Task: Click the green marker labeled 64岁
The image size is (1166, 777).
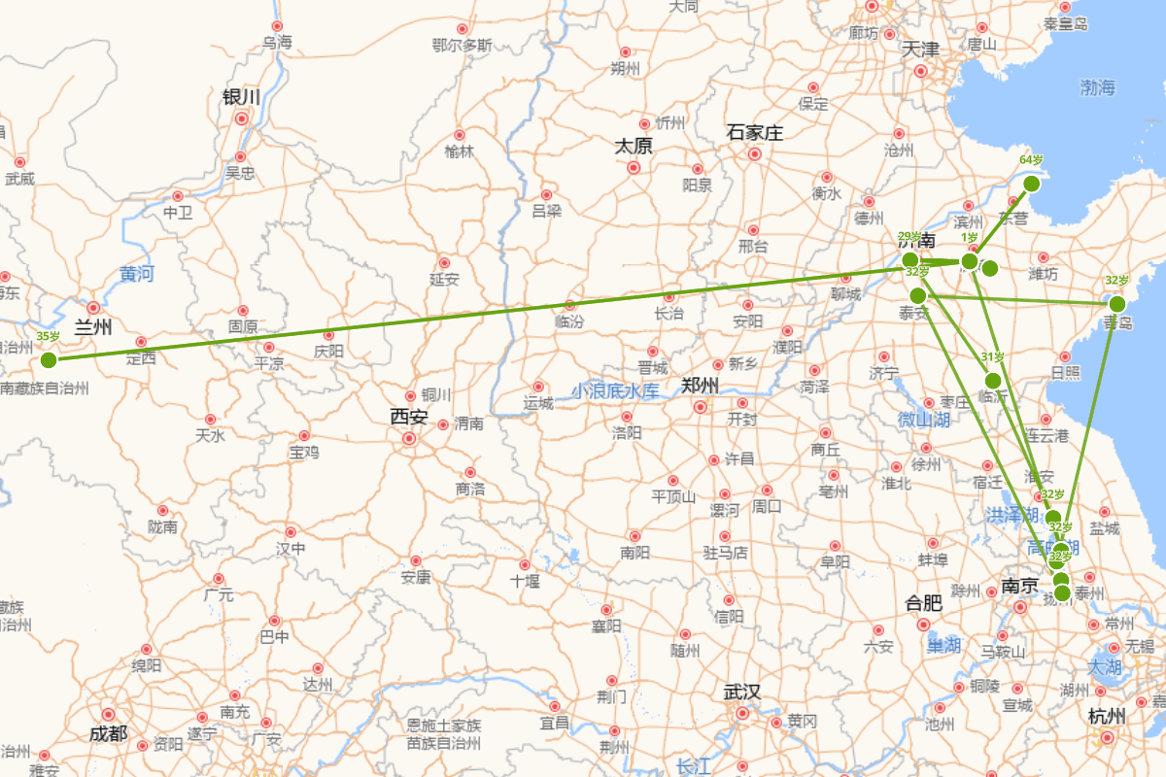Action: pyautogui.click(x=1032, y=184)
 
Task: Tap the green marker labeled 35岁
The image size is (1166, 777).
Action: pyautogui.click(x=49, y=360)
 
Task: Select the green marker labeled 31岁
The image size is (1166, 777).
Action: pyautogui.click(x=993, y=381)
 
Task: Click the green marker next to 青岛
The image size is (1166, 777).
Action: pyautogui.click(x=1117, y=304)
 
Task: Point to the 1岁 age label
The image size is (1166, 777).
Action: pyautogui.click(x=970, y=237)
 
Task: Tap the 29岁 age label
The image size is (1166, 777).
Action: pyautogui.click(x=909, y=237)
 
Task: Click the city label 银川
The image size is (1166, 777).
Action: pyautogui.click(x=242, y=97)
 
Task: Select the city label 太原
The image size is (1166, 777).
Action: pyautogui.click(x=633, y=146)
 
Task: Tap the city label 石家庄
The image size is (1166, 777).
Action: pyautogui.click(x=754, y=133)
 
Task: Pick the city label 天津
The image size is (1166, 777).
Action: pyautogui.click(x=920, y=49)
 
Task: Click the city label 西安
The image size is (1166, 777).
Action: pyautogui.click(x=409, y=417)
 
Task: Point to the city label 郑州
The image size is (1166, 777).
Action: pyautogui.click(x=700, y=385)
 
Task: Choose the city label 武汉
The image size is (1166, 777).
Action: pyautogui.click(x=741, y=692)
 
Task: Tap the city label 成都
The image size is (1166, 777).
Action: pyautogui.click(x=108, y=733)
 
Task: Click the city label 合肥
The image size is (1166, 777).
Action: pyautogui.click(x=923, y=602)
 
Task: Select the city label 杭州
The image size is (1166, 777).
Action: pyautogui.click(x=1107, y=717)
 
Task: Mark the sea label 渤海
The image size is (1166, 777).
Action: pyautogui.click(x=1098, y=88)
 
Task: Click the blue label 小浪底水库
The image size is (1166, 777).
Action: pyautogui.click(x=615, y=391)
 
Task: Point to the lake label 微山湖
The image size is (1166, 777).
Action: pyautogui.click(x=923, y=420)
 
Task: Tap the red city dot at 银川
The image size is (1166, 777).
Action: pyautogui.click(x=241, y=118)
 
